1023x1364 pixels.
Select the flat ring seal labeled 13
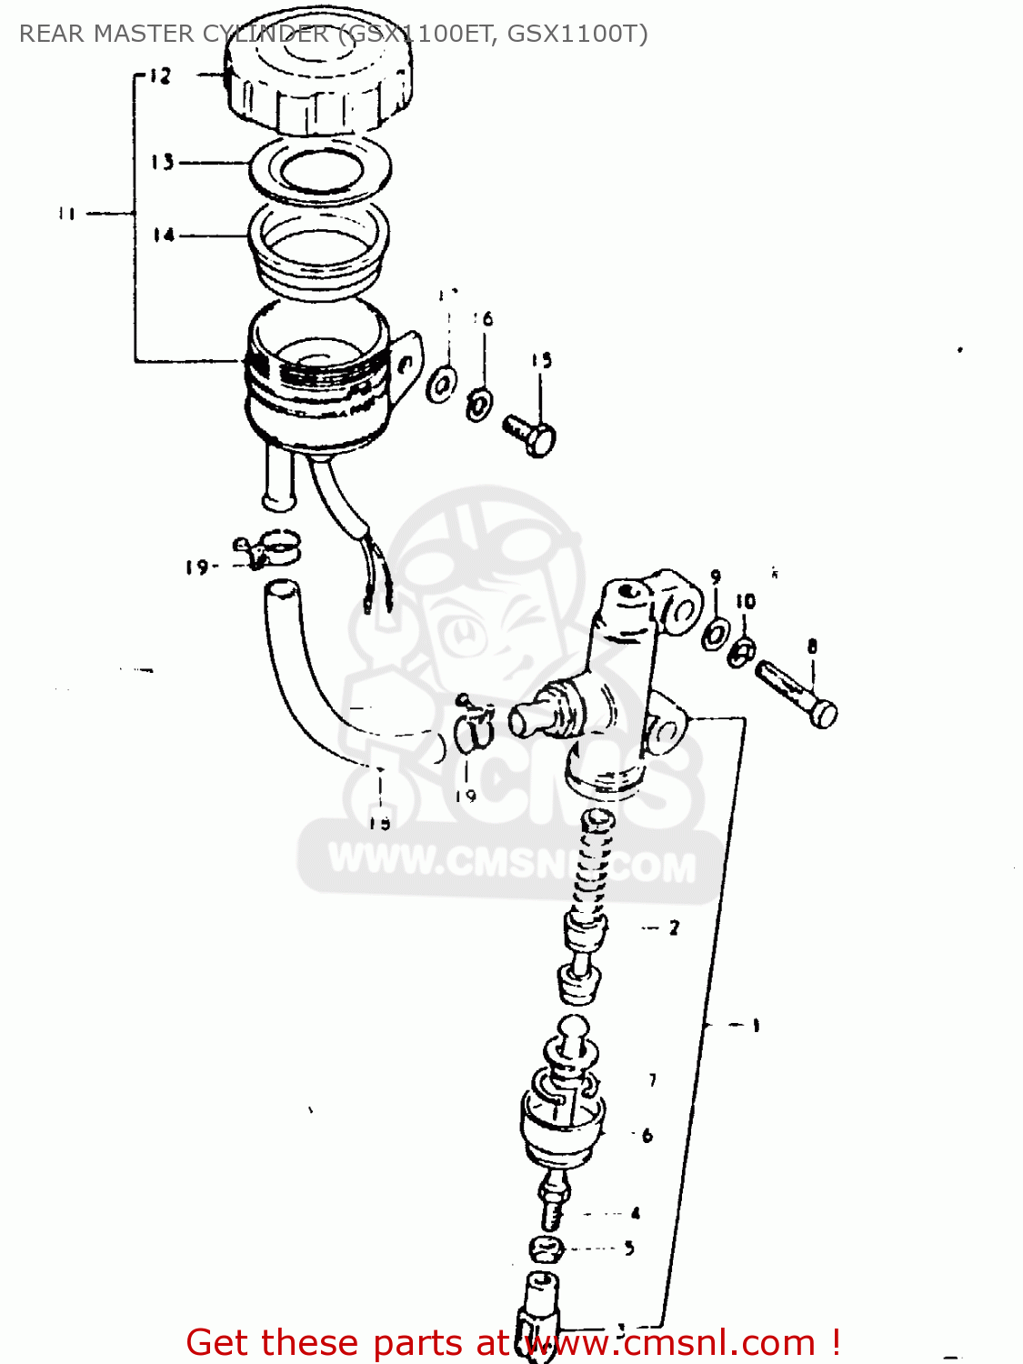click(320, 168)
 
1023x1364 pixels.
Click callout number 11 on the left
click(66, 215)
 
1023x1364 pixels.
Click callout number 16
click(484, 318)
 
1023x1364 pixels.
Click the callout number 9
click(716, 577)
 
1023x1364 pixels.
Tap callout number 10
click(746, 601)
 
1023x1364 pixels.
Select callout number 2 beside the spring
click(674, 928)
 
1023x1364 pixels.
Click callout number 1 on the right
click(756, 1026)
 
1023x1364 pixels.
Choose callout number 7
click(652, 1080)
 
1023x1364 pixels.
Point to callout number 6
click(647, 1135)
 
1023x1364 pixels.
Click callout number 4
click(635, 1212)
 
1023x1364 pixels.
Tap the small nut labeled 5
click(547, 1249)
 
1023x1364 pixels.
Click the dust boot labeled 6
click(562, 1128)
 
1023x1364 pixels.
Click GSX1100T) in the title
click(577, 34)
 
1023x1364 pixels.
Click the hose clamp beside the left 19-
click(269, 551)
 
